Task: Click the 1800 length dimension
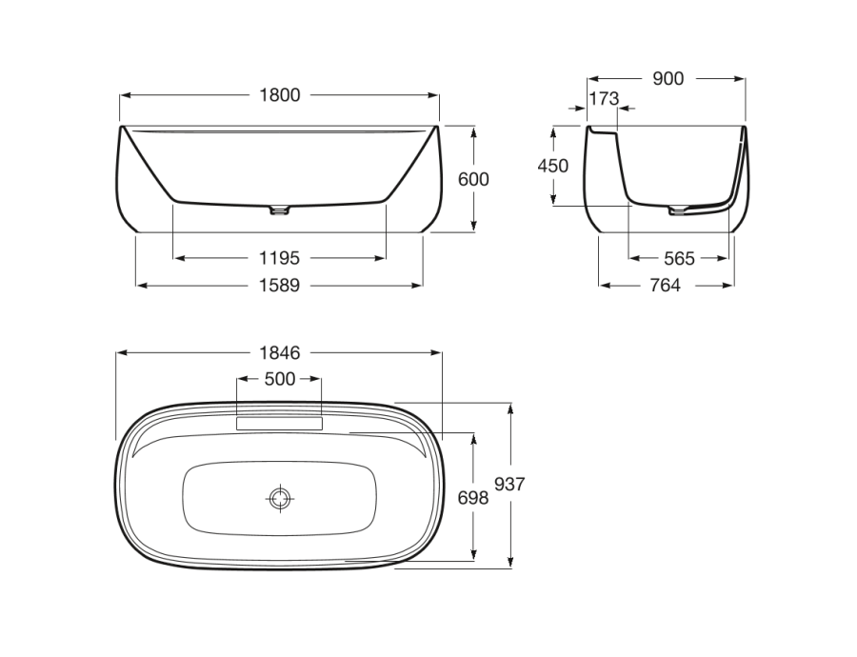point(279,95)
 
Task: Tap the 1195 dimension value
point(279,258)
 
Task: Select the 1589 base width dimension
point(279,286)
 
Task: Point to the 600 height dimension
point(473,179)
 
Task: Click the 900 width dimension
point(668,79)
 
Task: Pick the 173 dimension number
point(604,99)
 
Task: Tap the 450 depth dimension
point(553,166)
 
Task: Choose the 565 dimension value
point(679,258)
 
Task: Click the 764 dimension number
point(666,286)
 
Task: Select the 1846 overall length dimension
point(279,353)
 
